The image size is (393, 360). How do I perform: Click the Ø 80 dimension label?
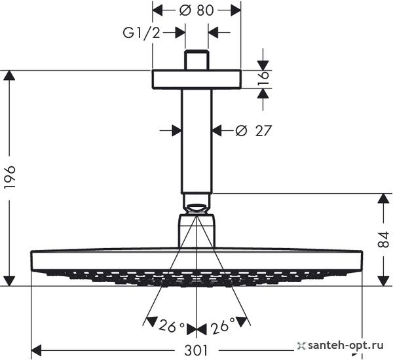tap(196, 10)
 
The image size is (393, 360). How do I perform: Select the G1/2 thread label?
tap(141, 33)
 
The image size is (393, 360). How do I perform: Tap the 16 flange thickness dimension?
tap(263, 79)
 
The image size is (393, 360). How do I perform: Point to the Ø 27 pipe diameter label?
tap(253, 130)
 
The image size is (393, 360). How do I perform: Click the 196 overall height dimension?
tap(10, 177)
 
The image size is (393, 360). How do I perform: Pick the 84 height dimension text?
tap(383, 240)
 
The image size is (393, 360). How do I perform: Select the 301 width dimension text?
tap(196, 350)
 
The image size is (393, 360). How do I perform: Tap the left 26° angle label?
tap(172, 326)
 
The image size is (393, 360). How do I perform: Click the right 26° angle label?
tap(223, 326)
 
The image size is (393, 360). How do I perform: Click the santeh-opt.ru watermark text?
tap(346, 346)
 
